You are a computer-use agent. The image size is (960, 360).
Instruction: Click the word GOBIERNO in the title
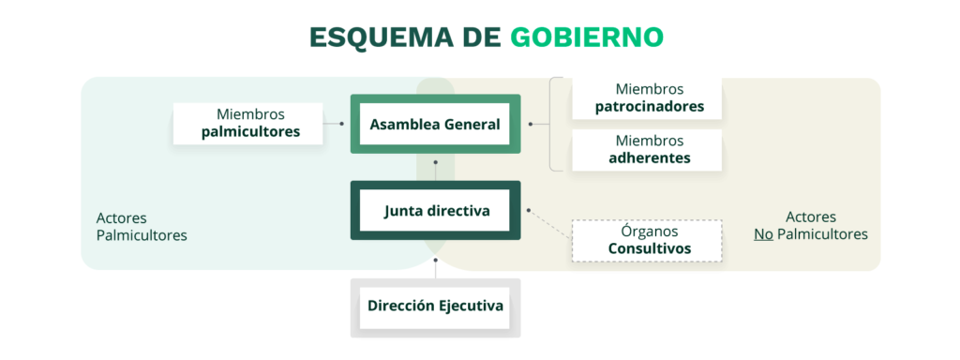(587, 37)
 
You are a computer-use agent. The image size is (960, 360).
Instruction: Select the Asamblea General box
(435, 124)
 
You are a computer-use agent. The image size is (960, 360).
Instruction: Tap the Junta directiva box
(435, 211)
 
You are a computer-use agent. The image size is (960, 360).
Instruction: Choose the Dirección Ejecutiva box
(435, 307)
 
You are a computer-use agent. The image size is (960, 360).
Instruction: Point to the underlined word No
(762, 234)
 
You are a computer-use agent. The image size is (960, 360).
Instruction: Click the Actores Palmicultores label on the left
(142, 227)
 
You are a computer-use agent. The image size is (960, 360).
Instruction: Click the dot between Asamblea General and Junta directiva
(435, 163)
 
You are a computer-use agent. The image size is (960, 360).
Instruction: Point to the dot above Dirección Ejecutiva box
(435, 260)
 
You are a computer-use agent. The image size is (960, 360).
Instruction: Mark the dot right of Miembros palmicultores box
(341, 124)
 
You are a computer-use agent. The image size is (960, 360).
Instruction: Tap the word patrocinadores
(650, 107)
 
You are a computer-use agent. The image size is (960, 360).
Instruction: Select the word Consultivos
(650, 249)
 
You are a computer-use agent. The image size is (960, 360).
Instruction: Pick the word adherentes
(650, 157)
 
